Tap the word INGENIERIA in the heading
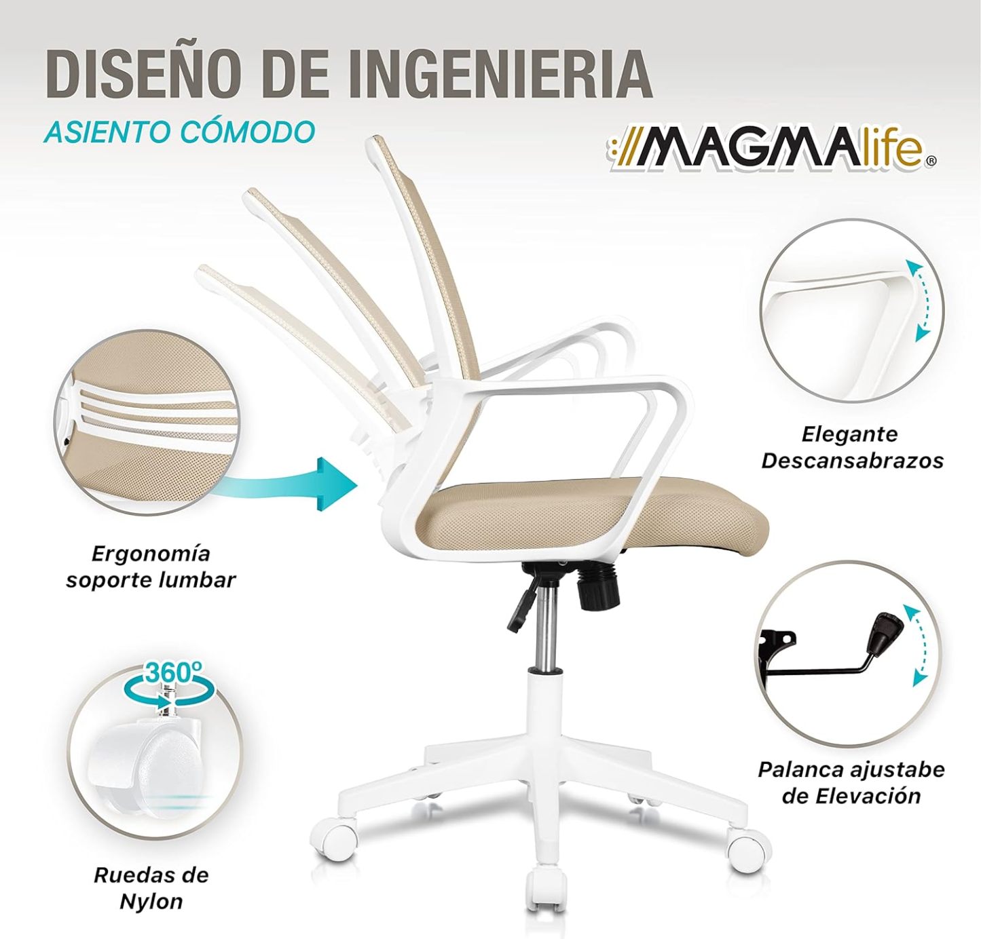click(500, 75)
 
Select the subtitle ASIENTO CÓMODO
click(179, 132)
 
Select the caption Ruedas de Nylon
click(151, 887)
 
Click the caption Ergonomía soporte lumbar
click(151, 567)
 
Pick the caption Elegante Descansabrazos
click(852, 447)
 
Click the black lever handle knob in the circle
click(885, 632)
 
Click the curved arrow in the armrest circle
click(925, 300)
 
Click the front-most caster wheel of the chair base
click(547, 889)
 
